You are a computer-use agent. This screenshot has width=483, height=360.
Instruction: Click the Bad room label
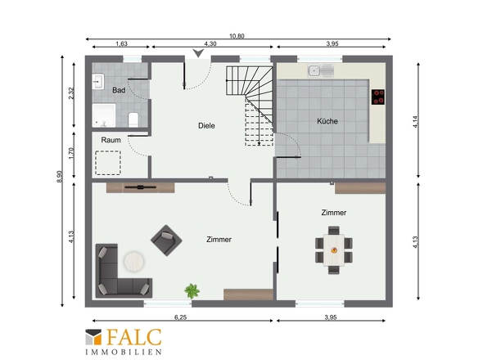pos(119,90)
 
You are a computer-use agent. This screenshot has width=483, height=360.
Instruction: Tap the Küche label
pos(327,121)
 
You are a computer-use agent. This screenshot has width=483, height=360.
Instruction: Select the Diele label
pos(206,126)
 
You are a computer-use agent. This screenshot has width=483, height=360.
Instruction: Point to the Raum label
pos(111,140)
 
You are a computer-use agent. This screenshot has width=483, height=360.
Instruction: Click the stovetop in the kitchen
pos(378,97)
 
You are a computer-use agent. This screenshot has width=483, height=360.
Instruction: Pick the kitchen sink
pos(321,71)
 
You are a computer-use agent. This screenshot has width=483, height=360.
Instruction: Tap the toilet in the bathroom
pos(133,119)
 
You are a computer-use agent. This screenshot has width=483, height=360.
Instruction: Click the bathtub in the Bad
pos(104,115)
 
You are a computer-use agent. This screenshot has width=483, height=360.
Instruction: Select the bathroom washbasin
pos(98,82)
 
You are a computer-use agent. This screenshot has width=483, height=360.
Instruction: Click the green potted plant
pos(192,291)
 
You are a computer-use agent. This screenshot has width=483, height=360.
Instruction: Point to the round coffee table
pos(134,262)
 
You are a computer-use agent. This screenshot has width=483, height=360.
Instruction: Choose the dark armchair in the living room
pos(166,241)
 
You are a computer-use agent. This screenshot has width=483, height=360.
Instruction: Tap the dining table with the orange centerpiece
pos(334,250)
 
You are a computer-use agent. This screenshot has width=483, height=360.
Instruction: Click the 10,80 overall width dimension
pos(237,36)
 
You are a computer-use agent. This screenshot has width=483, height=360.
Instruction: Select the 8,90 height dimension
pos(60,177)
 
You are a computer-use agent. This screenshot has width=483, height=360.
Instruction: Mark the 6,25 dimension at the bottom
pos(180,317)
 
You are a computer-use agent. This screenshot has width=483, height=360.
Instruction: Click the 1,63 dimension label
pos(121,43)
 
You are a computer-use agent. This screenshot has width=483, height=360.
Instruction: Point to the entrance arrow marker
pos(198,53)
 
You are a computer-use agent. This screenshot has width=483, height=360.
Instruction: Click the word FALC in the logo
pos(134,337)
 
